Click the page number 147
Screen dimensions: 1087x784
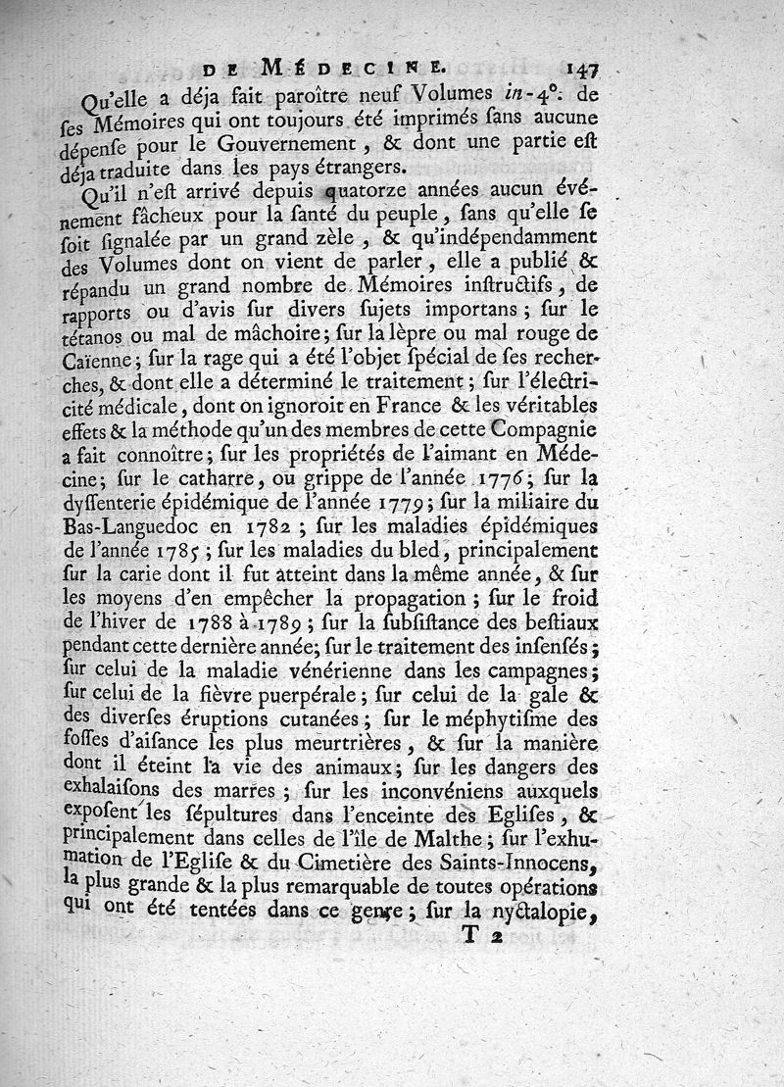(x=581, y=69)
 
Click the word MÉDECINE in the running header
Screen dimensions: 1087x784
(x=353, y=69)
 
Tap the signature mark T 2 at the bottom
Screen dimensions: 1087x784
(x=481, y=937)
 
